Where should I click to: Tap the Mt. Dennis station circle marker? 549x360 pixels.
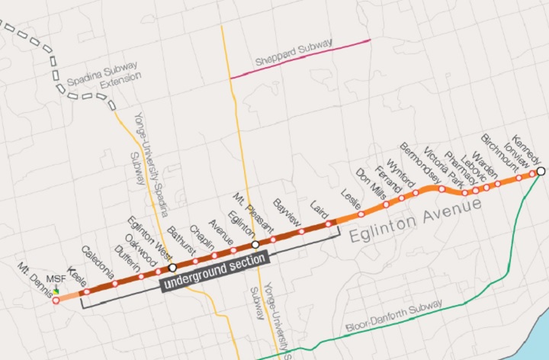(56, 301)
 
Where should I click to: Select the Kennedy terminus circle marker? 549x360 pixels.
(540, 172)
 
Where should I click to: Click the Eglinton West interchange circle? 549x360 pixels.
(172, 268)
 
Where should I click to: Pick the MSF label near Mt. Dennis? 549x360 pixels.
(56, 279)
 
